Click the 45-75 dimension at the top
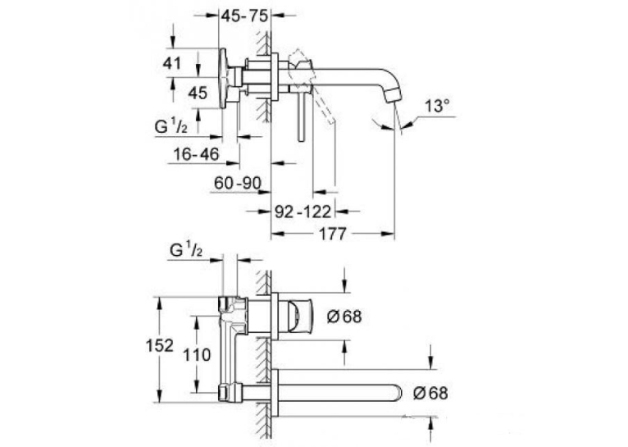[x=244, y=16]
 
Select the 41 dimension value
[x=172, y=63]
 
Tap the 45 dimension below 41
[x=198, y=94]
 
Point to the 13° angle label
[x=437, y=106]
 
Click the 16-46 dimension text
[x=196, y=154]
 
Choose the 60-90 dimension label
[x=238, y=184]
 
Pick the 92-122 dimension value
[x=303, y=212]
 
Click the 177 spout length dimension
[x=332, y=234]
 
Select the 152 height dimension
[x=159, y=345]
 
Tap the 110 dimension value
[x=197, y=355]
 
